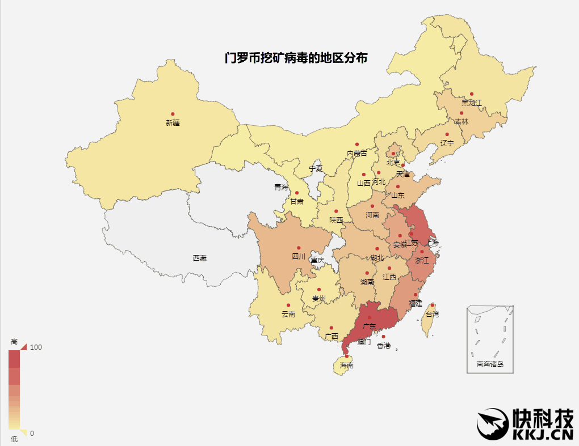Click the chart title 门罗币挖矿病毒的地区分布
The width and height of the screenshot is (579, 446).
(x=295, y=58)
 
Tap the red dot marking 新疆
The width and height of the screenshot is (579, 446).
(x=173, y=114)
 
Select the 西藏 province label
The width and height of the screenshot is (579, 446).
(x=199, y=258)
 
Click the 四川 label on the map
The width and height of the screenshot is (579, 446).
(x=299, y=257)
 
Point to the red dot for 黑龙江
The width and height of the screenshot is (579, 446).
(x=472, y=94)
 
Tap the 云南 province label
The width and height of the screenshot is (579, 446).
(x=288, y=314)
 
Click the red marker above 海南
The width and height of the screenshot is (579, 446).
(x=347, y=356)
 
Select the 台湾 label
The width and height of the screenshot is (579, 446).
(x=432, y=314)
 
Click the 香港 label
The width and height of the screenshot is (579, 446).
(x=384, y=346)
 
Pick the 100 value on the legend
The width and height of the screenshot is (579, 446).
(x=36, y=347)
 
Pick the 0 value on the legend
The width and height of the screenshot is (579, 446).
(x=32, y=433)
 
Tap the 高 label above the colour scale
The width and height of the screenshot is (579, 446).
(x=14, y=342)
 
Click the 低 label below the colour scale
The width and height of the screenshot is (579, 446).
(x=14, y=439)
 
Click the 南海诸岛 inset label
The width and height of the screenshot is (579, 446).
(x=490, y=364)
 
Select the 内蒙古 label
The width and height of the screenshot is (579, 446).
(x=357, y=154)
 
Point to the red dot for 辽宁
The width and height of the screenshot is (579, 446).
(x=447, y=134)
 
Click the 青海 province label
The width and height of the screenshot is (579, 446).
(x=281, y=187)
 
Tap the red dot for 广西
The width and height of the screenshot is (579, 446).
(x=331, y=328)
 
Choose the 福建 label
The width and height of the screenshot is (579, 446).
(x=416, y=303)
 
